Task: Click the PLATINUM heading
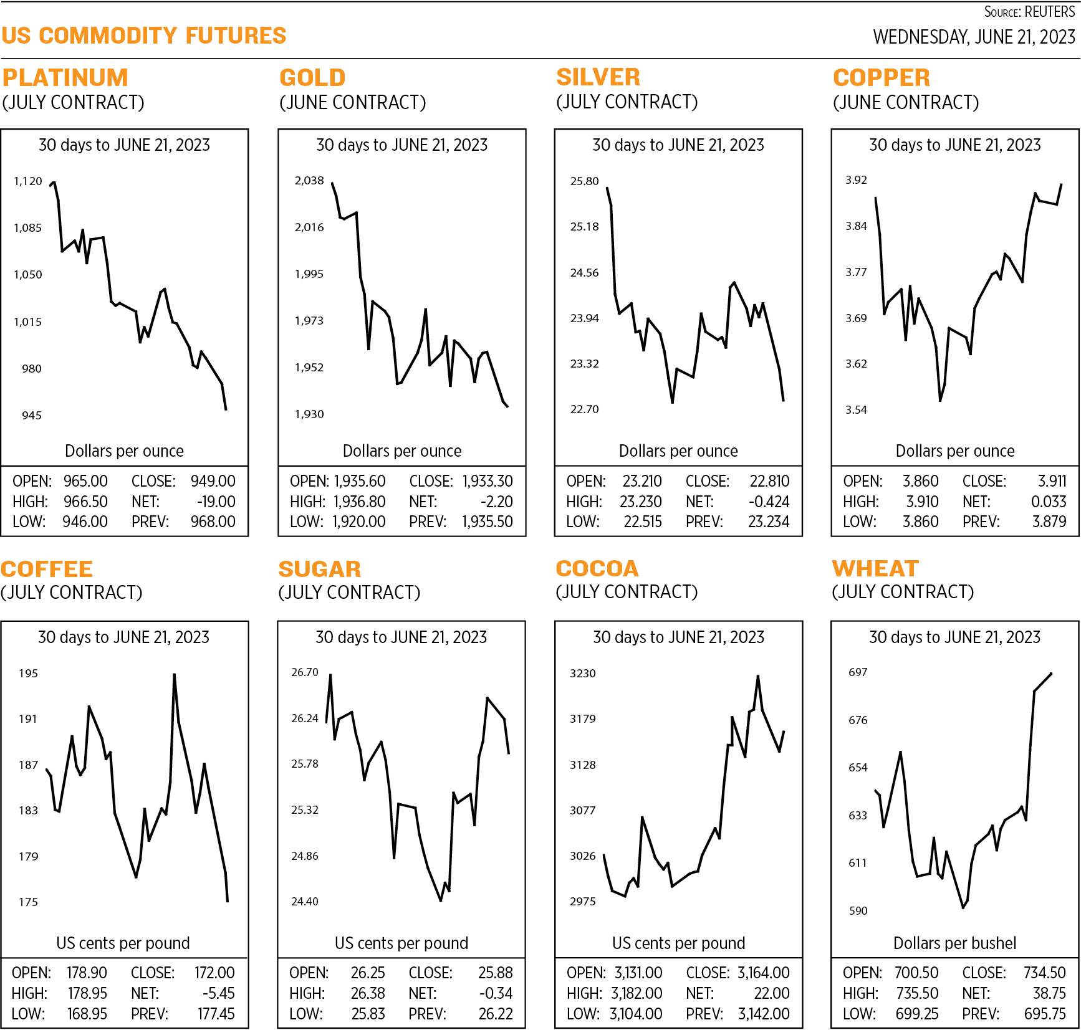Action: point(65,78)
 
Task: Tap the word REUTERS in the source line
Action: point(1050,12)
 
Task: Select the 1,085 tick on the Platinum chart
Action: point(28,228)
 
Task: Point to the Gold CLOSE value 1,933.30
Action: point(488,482)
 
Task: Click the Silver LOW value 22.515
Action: point(643,522)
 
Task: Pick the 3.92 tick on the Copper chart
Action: point(856,180)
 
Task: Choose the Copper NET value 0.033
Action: point(1049,502)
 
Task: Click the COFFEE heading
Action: point(47,570)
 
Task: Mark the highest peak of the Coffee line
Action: point(174,674)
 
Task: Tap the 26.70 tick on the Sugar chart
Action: point(305,672)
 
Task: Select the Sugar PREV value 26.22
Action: point(496,1014)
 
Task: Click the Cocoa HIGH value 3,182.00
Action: point(637,994)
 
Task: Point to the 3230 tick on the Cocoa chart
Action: point(583,674)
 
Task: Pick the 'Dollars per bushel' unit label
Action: point(954,943)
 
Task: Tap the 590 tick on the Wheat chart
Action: point(858,911)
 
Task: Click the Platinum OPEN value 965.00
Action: point(85,482)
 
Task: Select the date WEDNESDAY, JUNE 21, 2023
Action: point(974,37)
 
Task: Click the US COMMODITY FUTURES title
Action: point(144,36)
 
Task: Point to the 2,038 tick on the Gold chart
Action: point(309,181)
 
